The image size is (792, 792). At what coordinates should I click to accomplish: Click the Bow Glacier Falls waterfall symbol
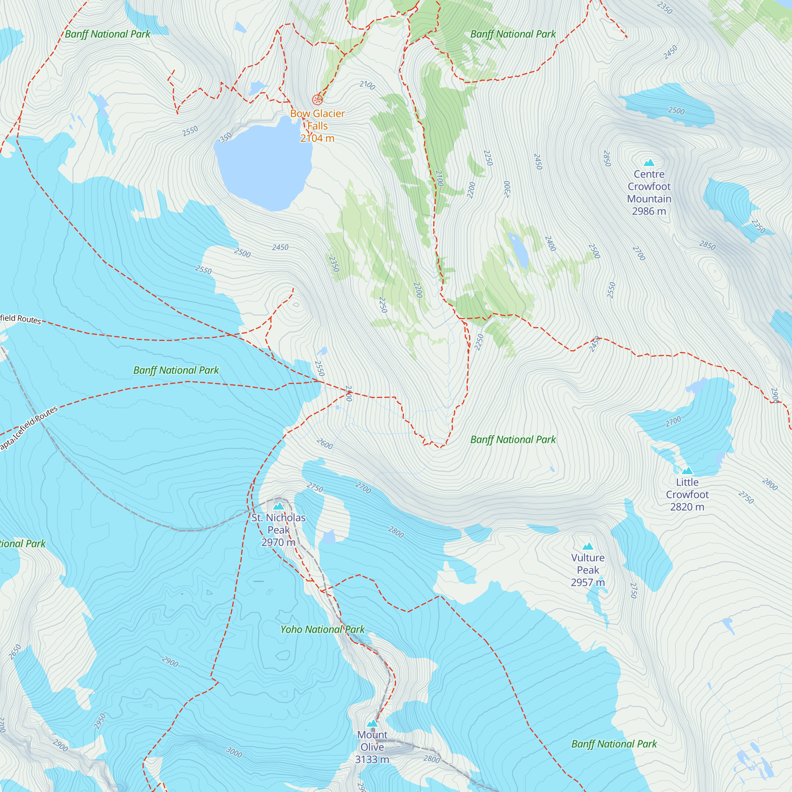(x=317, y=99)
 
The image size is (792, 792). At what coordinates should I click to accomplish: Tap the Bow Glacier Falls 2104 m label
(x=317, y=126)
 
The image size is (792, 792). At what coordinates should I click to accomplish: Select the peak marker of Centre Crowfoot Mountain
(x=649, y=163)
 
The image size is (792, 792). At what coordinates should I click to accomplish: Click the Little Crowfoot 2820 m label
(x=687, y=494)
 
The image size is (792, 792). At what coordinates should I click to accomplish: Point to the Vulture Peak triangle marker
(x=588, y=546)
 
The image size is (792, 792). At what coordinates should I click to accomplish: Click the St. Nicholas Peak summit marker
(x=279, y=506)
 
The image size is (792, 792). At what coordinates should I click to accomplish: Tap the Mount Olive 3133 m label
(x=372, y=747)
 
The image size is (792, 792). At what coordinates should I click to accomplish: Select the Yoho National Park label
(x=322, y=629)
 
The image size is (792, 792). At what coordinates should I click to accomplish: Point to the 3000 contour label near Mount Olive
(x=234, y=752)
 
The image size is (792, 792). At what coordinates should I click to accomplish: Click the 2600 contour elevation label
(x=325, y=444)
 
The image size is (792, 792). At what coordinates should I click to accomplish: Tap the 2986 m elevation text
(x=649, y=211)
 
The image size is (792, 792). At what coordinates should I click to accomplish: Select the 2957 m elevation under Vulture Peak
(x=588, y=582)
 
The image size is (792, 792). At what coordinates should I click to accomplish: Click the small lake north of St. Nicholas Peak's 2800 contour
(x=329, y=537)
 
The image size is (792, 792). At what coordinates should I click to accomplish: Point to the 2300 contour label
(x=507, y=189)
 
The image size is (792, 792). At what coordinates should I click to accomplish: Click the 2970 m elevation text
(x=279, y=543)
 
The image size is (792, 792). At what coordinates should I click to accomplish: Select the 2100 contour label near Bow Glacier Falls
(x=367, y=85)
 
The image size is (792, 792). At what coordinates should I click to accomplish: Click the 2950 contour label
(x=100, y=722)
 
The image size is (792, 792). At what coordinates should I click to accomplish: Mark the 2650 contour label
(x=15, y=652)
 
